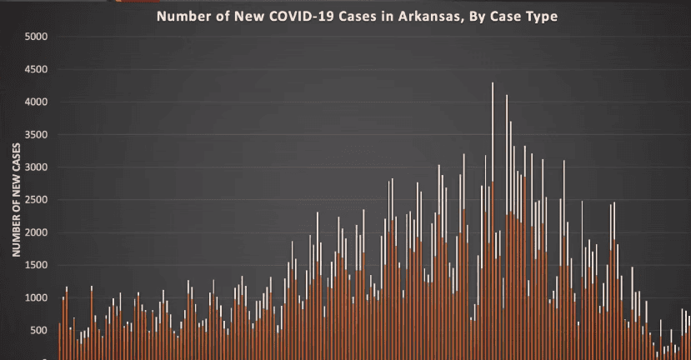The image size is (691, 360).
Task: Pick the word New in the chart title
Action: (x=237, y=16)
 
